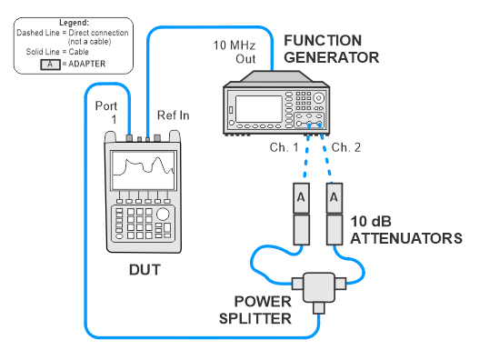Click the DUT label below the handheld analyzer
(145, 270)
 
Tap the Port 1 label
(106, 112)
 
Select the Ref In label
(174, 115)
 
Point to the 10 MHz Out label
(235, 52)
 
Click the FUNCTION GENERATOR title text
(332, 49)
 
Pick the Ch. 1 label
(284, 147)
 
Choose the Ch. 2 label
(346, 147)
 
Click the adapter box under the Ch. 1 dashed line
(301, 198)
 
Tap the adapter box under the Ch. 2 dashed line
(334, 198)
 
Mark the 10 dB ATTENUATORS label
(406, 230)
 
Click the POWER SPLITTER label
(255, 310)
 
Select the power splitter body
(319, 287)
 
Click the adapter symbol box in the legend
(50, 65)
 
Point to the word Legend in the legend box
(74, 23)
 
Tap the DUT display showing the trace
(144, 171)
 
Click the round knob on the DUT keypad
(163, 214)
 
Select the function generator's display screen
(259, 109)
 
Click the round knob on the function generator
(319, 98)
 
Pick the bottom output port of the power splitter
(319, 308)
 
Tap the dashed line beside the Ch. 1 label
(306, 156)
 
